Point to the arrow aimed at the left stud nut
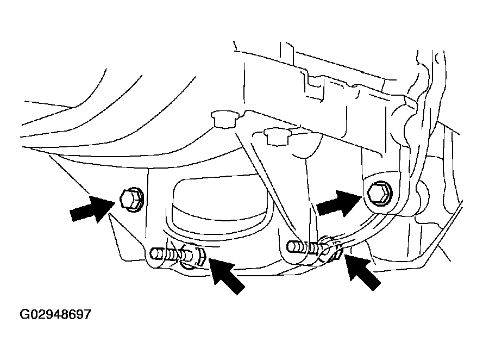point(224,275)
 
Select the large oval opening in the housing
point(217,207)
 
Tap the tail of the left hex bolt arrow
point(76,215)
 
